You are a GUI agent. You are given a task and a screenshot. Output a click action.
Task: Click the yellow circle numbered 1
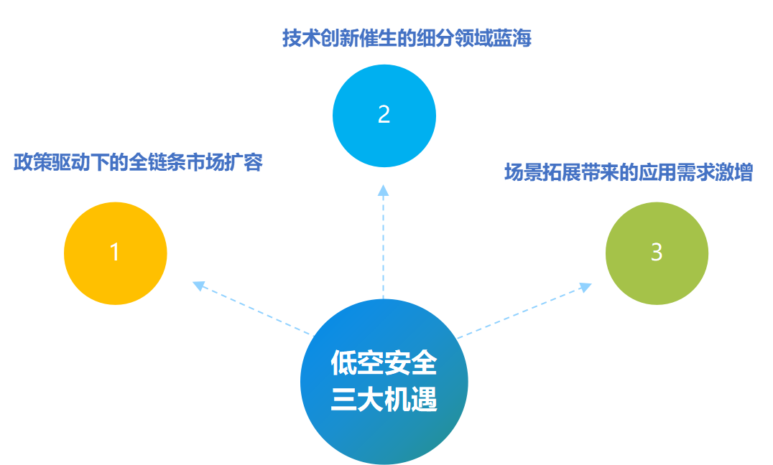pos(116,253)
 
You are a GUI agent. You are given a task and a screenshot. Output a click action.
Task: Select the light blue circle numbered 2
pos(384,115)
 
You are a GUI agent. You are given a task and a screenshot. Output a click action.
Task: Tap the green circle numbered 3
pos(657,253)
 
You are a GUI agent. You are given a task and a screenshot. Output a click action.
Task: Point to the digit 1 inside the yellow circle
pos(114,253)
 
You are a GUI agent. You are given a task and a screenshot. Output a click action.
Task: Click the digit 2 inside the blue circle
pos(384,115)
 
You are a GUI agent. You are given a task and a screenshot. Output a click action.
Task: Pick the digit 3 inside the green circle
pos(656,253)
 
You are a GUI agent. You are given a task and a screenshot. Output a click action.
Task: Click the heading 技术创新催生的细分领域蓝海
pos(407,38)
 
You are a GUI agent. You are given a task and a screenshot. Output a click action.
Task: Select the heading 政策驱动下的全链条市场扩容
pos(139,163)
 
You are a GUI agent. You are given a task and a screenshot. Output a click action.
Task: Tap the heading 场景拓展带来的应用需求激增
pos(629,173)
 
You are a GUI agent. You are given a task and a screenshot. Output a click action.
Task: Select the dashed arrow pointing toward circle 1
pos(251,309)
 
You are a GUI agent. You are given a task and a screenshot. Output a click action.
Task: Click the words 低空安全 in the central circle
pos(384,364)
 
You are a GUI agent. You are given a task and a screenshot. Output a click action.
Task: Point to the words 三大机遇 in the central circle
pos(384,400)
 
